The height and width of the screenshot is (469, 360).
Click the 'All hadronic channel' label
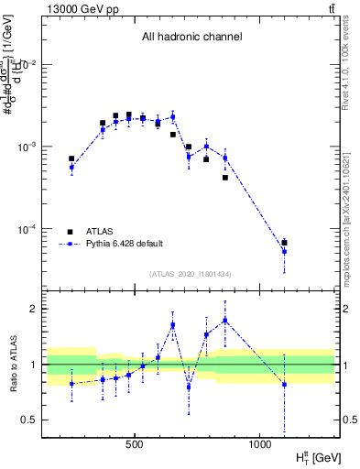click(191, 38)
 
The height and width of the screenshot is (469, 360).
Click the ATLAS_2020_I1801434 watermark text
click(191, 274)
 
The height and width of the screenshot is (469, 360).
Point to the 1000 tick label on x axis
click(260, 445)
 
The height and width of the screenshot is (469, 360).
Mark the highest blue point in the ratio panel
click(225, 320)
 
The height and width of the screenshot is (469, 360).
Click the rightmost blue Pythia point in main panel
click(285, 251)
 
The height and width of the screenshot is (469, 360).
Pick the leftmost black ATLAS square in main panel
click(71, 158)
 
